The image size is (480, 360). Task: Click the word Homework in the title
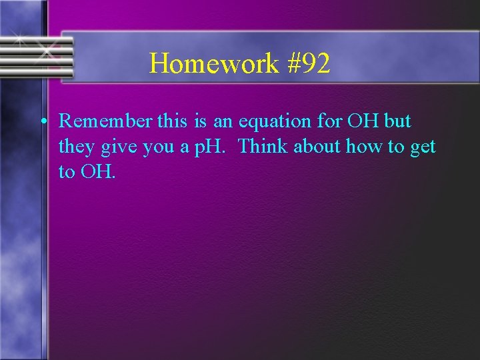(x=214, y=64)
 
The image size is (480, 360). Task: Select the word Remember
(x=105, y=121)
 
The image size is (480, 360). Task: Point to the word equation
(x=274, y=121)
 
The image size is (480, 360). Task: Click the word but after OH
(x=398, y=121)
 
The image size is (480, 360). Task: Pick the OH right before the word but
(x=363, y=121)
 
